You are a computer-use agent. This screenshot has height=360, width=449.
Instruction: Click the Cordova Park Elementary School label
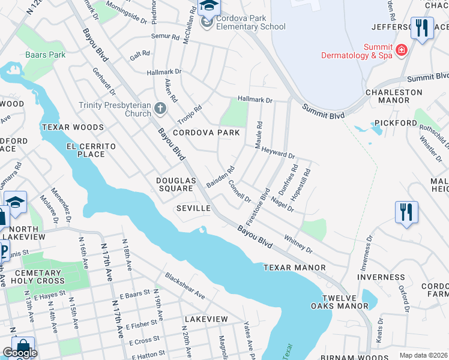click(250, 22)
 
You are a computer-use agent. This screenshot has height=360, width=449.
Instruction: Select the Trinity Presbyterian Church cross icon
click(160, 109)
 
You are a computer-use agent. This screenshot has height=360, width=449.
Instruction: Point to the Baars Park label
click(45, 55)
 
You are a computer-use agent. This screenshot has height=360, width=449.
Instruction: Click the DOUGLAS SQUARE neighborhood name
click(176, 184)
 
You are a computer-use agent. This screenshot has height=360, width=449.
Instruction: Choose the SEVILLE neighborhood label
click(193, 208)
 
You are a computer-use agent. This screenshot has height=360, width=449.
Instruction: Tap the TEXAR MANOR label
click(294, 267)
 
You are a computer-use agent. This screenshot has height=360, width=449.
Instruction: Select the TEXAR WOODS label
click(73, 127)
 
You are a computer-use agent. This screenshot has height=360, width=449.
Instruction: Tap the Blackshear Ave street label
click(185, 287)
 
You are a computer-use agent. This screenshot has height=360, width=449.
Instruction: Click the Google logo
click(20, 353)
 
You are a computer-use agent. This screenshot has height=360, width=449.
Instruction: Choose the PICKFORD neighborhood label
click(396, 123)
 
